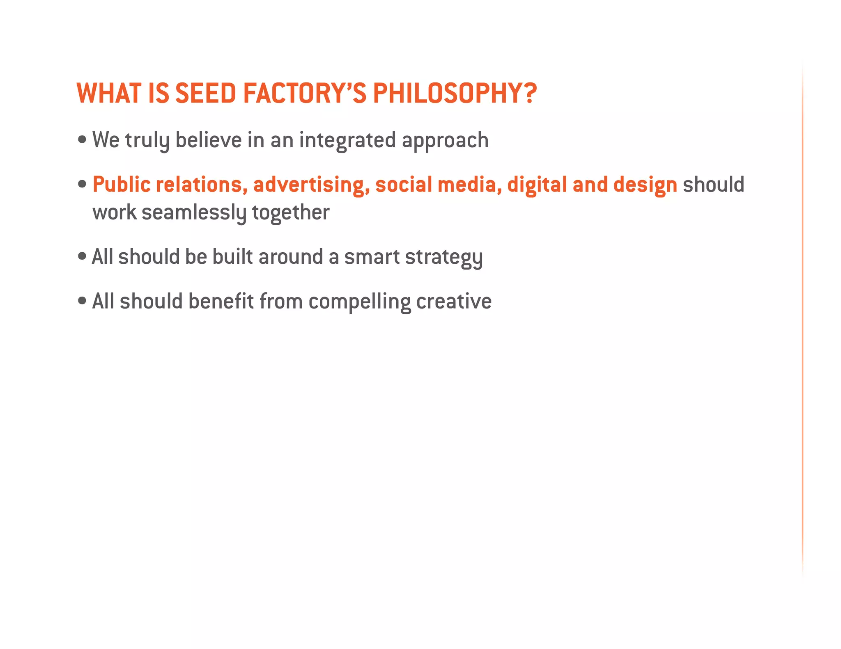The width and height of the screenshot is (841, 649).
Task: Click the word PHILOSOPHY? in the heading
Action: tap(455, 93)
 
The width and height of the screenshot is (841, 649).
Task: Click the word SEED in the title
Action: tap(205, 93)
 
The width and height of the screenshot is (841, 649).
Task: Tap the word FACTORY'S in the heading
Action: tap(304, 93)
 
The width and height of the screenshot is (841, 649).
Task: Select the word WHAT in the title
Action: tap(109, 93)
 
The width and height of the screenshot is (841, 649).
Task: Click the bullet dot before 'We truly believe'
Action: tap(82, 139)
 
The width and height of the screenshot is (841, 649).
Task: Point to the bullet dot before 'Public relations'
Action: tap(82, 184)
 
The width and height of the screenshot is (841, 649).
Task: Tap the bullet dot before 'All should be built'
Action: tap(82, 256)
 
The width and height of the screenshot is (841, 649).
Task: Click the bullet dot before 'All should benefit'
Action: tap(82, 301)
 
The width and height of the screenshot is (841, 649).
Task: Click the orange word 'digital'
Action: tap(537, 185)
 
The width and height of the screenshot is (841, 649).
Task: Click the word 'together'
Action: tap(290, 213)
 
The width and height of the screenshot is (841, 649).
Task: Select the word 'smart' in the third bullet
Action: tap(372, 257)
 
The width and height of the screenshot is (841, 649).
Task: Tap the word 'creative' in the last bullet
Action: tap(454, 302)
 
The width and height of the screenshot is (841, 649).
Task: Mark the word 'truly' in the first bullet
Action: tap(147, 141)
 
